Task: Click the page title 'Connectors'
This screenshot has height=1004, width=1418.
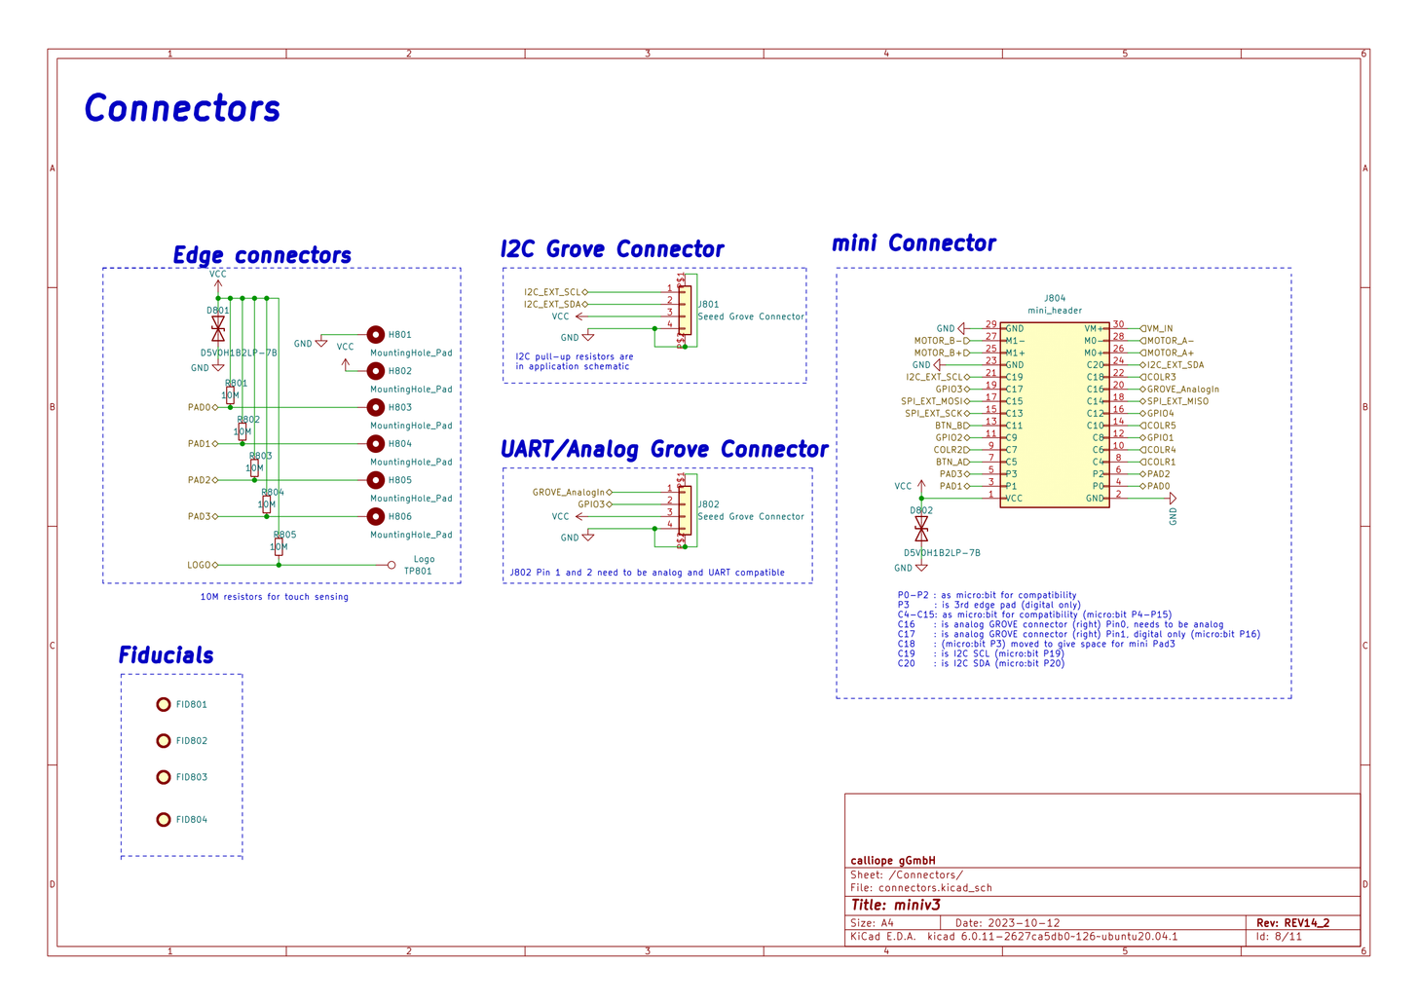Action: (x=182, y=108)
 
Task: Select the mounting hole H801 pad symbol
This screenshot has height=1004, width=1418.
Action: (x=375, y=334)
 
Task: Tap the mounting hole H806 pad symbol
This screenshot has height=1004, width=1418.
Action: (x=375, y=516)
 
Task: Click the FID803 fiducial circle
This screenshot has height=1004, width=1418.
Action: (x=164, y=777)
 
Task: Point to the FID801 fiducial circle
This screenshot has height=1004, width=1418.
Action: (x=164, y=704)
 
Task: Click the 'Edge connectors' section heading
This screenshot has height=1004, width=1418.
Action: (x=262, y=255)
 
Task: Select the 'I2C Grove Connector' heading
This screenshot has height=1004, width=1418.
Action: (x=612, y=249)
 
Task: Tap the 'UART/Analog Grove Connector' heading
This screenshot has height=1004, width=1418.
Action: (x=664, y=449)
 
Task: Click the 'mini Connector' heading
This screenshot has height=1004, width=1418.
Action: (x=914, y=243)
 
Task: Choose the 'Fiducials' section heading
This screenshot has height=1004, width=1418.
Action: (x=166, y=655)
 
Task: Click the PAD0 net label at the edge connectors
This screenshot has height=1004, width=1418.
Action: (x=200, y=407)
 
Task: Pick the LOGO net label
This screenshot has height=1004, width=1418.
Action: (x=199, y=565)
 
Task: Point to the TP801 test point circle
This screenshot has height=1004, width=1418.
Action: (x=392, y=565)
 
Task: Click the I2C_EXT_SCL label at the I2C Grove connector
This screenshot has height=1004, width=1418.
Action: (x=553, y=292)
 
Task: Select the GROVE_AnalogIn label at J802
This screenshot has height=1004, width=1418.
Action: (x=569, y=492)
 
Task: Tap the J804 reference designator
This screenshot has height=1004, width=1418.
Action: (x=1055, y=299)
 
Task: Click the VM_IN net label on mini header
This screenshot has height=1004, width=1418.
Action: (x=1159, y=329)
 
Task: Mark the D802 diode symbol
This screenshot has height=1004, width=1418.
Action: (x=921, y=529)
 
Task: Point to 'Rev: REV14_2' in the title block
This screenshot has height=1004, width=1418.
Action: (x=1292, y=922)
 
